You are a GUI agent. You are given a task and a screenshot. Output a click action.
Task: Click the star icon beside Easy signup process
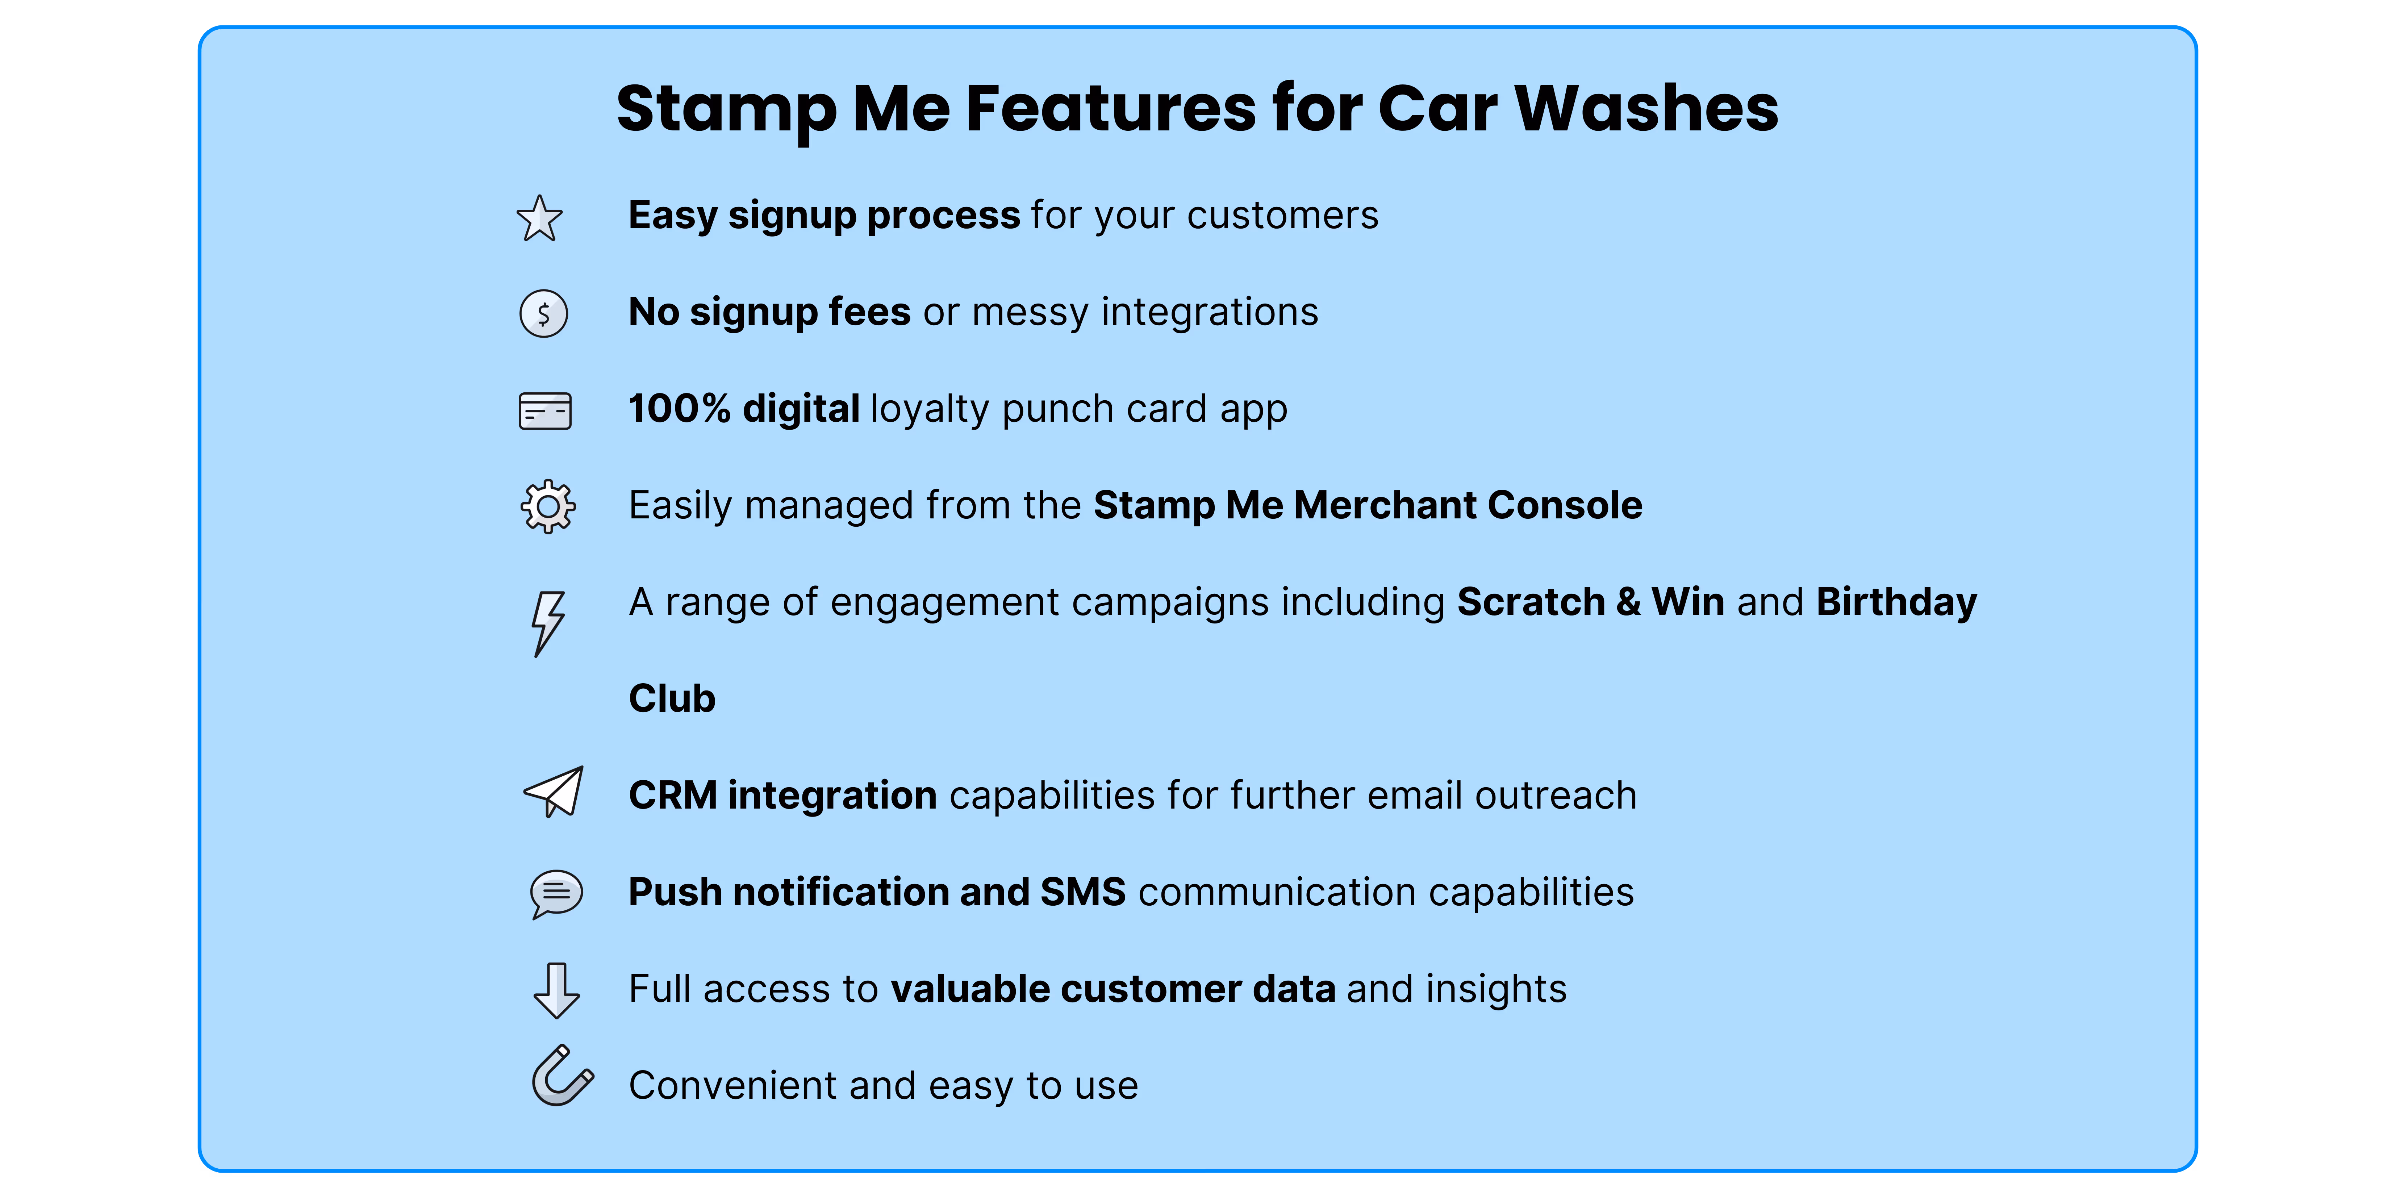(x=539, y=218)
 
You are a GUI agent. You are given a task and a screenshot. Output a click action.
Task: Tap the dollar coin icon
(x=543, y=313)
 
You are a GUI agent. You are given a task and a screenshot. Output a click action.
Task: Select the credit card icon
(x=545, y=410)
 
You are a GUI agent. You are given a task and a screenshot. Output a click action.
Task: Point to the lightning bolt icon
(x=548, y=623)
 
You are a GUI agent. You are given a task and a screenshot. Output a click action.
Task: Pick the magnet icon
(x=561, y=1077)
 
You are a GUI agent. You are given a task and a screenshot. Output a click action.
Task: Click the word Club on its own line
(x=672, y=698)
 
